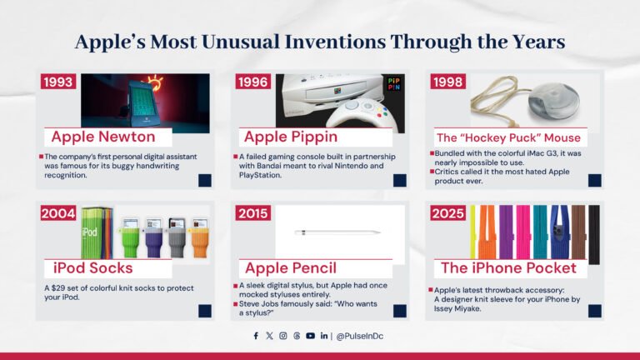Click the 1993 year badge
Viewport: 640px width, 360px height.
click(60, 82)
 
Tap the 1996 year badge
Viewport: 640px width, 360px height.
click(252, 82)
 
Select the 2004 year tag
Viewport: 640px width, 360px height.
click(60, 213)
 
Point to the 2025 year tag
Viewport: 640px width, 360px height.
click(447, 213)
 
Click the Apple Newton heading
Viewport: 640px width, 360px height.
click(103, 137)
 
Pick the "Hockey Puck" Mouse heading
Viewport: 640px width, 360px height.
click(508, 137)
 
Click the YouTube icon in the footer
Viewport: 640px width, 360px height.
click(310, 336)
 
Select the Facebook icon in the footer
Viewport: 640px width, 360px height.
click(256, 336)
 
